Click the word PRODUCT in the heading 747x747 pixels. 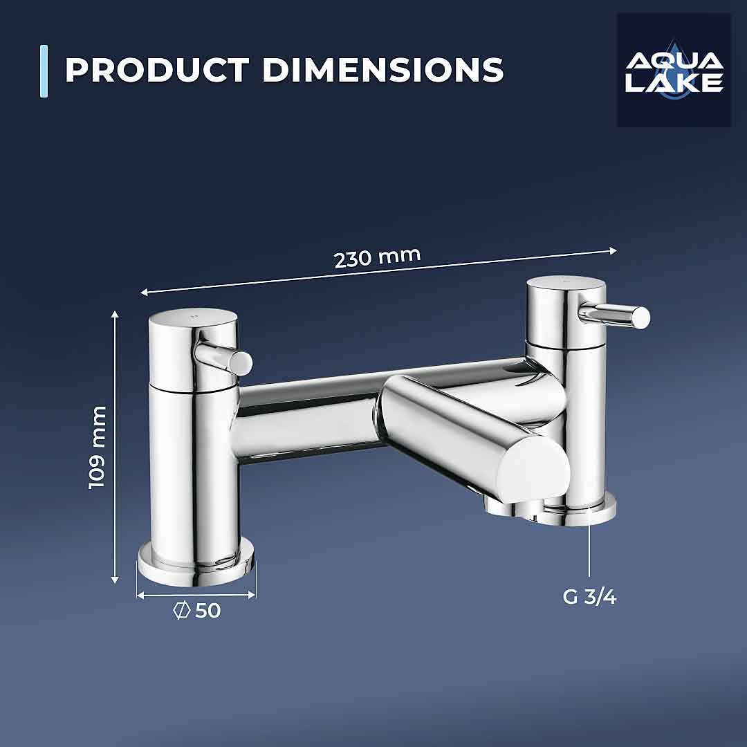coord(157,71)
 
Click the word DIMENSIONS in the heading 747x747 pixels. coord(382,71)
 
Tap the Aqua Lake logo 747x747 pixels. coord(674,70)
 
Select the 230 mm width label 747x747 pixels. coord(377,257)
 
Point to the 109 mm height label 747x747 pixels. coord(98,447)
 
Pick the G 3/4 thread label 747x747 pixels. coord(589,597)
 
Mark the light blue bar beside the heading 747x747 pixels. coord(44,71)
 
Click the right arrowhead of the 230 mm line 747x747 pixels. coord(613,251)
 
